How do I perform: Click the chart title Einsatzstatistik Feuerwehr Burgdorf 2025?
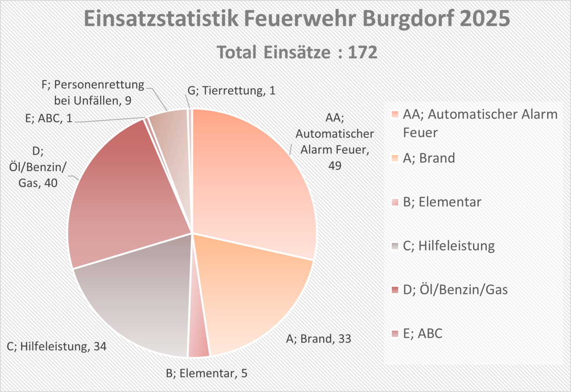pos(296,20)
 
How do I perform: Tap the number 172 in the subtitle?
pos(362,53)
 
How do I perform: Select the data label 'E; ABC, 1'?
pos(49,119)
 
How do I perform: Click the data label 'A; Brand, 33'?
pos(319,338)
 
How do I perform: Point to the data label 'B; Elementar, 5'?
pos(206,374)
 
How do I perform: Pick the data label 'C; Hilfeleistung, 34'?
pos(57,346)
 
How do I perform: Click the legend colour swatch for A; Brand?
pos(395,158)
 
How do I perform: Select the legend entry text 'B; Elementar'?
pos(442,202)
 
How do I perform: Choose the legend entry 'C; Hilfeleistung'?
pos(448,246)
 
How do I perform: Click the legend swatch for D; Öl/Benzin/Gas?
pos(395,290)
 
